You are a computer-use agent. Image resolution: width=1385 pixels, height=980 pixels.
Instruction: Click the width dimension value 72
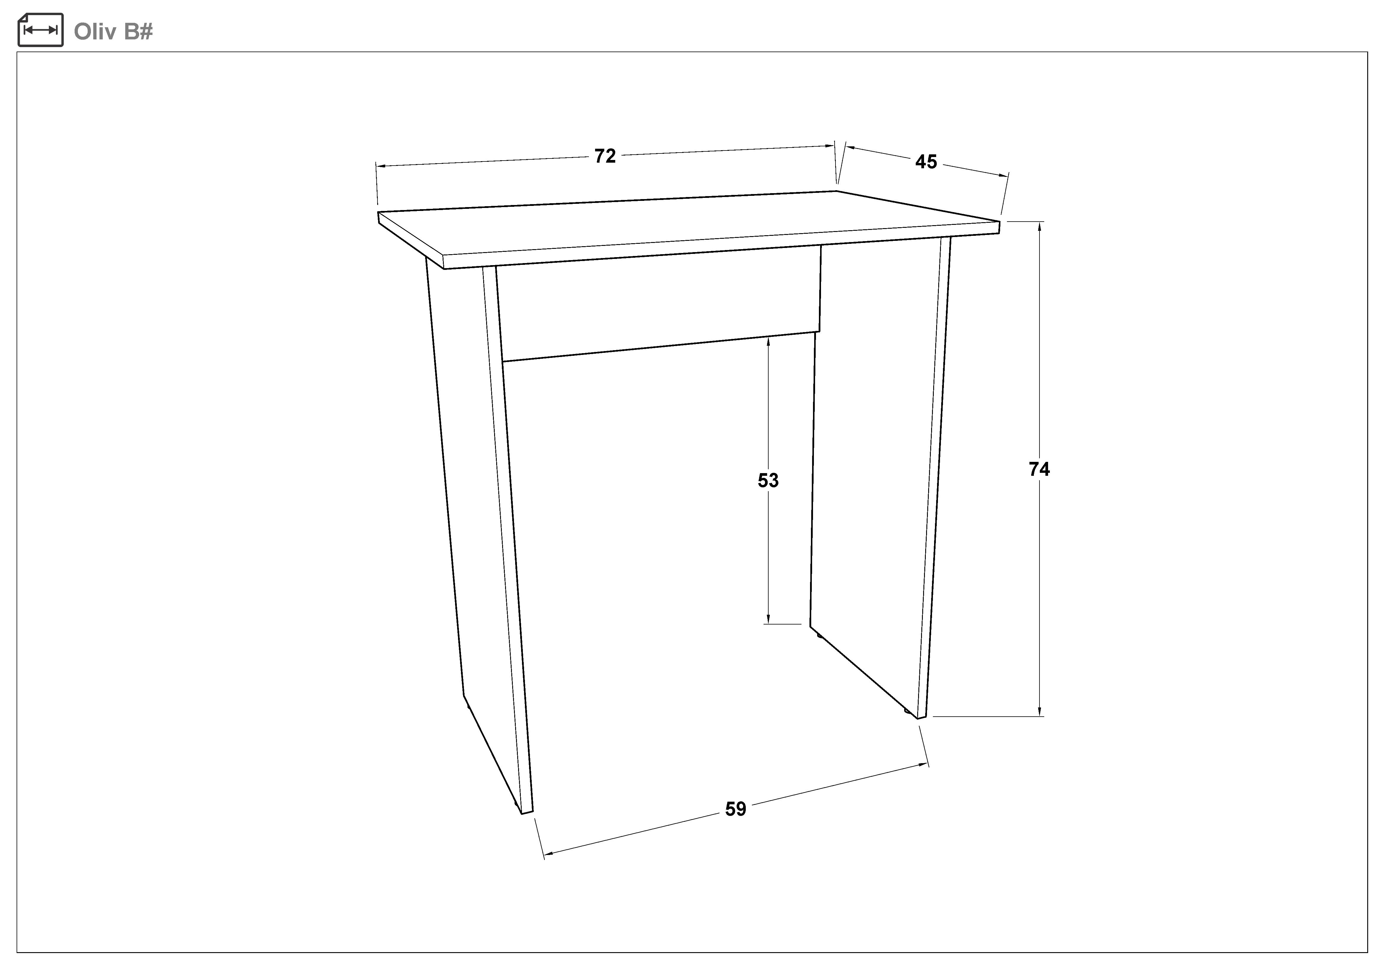click(x=605, y=156)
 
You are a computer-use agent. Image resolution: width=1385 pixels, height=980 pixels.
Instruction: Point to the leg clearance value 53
click(x=768, y=480)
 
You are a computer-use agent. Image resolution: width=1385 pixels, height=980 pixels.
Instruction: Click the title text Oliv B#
click(x=113, y=31)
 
